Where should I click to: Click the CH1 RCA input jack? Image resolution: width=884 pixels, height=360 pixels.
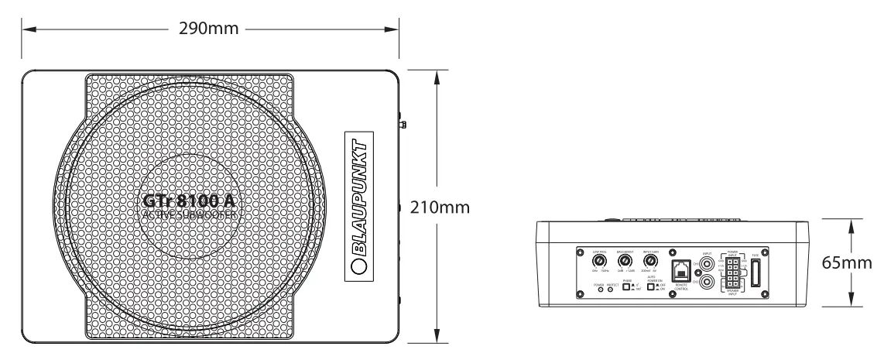click(x=707, y=265)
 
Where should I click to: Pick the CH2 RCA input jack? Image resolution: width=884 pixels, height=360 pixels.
click(x=707, y=283)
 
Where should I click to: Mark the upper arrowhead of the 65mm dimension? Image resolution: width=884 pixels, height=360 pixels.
click(x=852, y=223)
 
